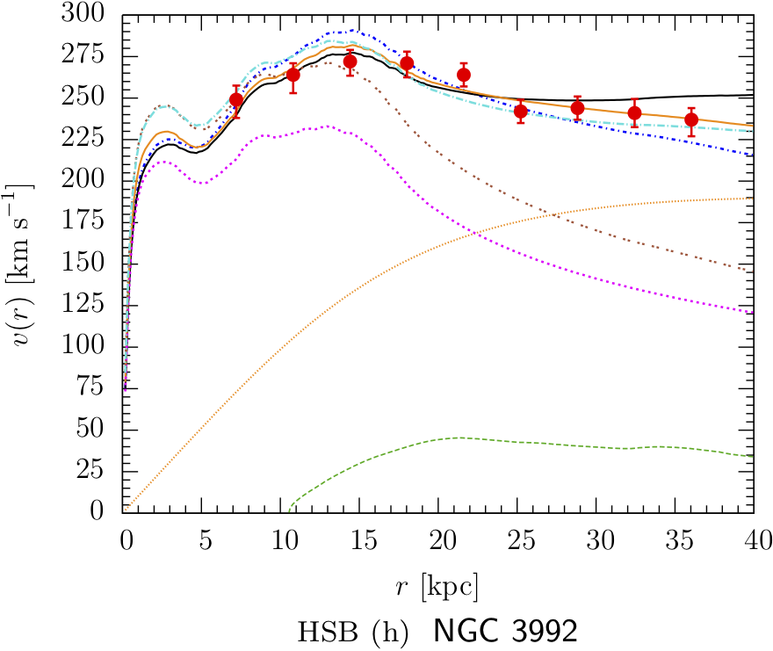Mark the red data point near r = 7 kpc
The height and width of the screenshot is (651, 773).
[x=235, y=99]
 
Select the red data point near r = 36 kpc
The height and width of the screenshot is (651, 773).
[x=691, y=119]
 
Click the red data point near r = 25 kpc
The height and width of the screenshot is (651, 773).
[x=521, y=111]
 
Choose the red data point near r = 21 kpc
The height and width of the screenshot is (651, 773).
[x=464, y=75]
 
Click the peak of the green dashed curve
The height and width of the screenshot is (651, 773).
[x=459, y=438]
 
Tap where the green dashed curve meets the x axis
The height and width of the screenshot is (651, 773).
[x=289, y=510]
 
